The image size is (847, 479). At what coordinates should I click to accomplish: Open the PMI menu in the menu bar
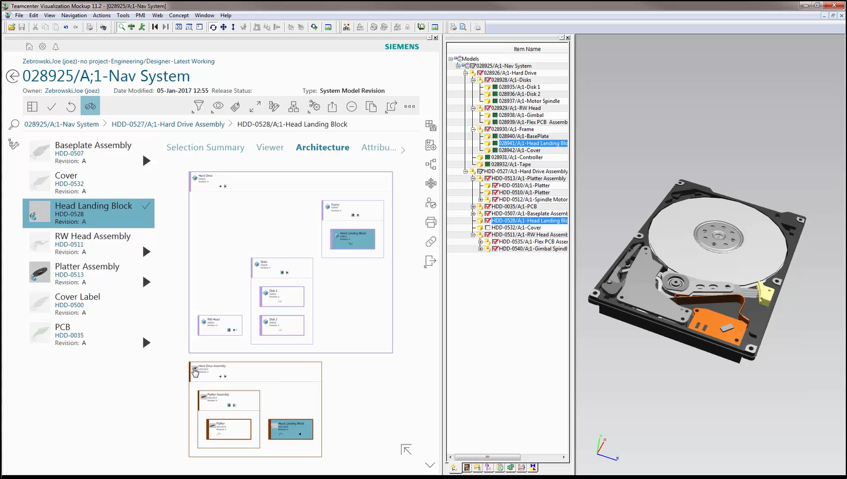pos(140,15)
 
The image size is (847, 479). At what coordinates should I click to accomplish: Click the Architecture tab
pos(322,147)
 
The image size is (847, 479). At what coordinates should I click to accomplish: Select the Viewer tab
pos(270,147)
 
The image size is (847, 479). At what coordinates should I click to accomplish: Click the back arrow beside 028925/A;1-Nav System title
pos(12,76)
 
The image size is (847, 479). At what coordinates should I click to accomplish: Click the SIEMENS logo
pos(402,46)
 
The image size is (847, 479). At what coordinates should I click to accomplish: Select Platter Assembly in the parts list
pos(87,267)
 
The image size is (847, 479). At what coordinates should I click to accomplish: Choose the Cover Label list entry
pos(77,297)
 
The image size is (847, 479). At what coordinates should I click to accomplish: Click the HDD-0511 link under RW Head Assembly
pos(69,244)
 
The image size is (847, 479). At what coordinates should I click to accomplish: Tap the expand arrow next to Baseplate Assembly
pos(146,161)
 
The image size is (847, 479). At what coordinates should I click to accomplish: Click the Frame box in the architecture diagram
pos(352,209)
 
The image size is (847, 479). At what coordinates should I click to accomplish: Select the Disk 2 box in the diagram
pos(282,325)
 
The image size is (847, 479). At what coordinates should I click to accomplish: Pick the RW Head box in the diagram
pos(220,325)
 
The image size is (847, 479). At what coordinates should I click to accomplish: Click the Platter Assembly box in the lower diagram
pos(228,399)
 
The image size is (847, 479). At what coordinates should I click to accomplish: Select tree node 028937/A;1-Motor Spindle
pos(529,101)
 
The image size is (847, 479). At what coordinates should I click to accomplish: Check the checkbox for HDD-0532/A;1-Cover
pos(487,228)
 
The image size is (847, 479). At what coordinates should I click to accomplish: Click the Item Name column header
pos(527,49)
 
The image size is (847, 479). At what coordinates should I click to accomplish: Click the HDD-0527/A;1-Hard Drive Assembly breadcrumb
pos(168,124)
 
